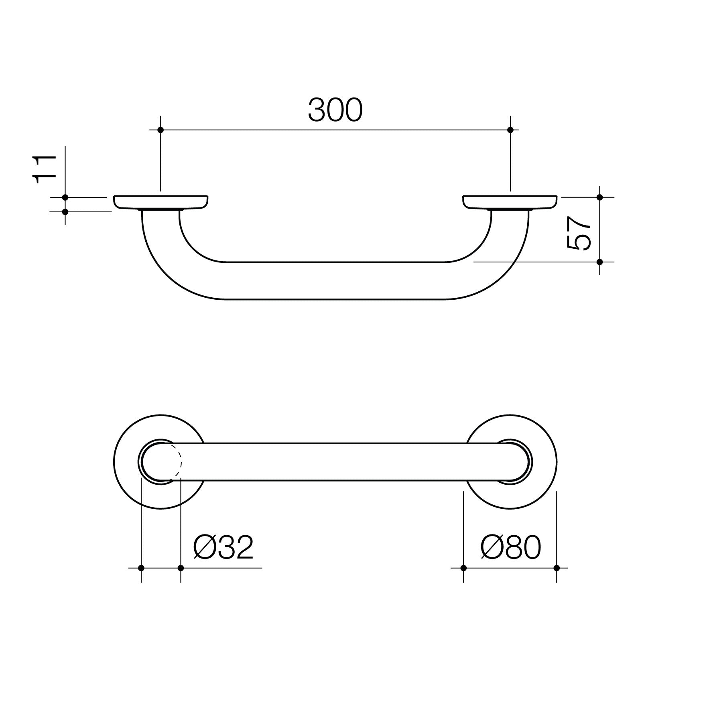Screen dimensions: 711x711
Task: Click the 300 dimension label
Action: click(335, 110)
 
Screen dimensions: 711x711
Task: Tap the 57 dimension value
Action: click(579, 233)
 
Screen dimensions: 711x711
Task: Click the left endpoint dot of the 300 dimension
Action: click(160, 130)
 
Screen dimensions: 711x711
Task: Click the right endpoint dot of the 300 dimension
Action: click(510, 130)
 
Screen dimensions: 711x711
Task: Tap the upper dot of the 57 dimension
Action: click(600, 197)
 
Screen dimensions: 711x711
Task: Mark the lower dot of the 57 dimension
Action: click(600, 262)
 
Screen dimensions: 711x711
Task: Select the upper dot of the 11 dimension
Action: click(65, 197)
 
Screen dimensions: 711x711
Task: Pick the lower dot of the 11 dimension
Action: click(65, 211)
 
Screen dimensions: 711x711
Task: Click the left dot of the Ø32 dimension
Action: click(141, 568)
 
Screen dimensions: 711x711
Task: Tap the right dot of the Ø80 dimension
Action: click(557, 568)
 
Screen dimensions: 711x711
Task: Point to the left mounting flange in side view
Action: click(160, 202)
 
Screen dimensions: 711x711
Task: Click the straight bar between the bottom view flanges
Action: click(335, 462)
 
